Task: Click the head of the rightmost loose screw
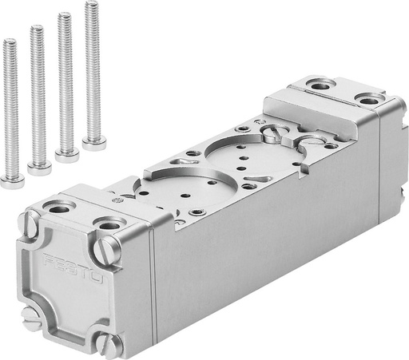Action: click(93, 143)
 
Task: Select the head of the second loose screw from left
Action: click(39, 167)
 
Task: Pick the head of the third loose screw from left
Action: click(67, 154)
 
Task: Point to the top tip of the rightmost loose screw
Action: click(91, 4)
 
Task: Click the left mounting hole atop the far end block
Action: click(320, 85)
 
